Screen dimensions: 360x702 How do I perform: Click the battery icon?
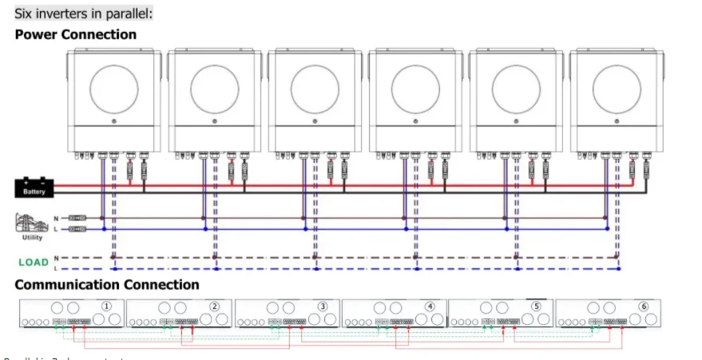tap(34, 188)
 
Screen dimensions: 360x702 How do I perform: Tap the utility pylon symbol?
tap(30, 222)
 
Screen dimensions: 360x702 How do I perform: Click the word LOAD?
tap(34, 262)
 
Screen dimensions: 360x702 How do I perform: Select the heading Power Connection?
tap(76, 34)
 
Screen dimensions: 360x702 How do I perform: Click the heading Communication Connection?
tap(107, 285)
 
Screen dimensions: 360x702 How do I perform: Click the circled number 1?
tap(107, 307)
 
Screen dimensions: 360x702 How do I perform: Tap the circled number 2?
tap(215, 307)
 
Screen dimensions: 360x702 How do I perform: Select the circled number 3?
tap(322, 307)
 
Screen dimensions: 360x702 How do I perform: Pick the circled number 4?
tap(430, 307)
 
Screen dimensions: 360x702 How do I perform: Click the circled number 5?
tap(537, 307)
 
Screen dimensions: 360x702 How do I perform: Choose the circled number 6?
tap(644, 307)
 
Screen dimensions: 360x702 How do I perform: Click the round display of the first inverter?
tap(113, 86)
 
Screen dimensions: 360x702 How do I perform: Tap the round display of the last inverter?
tap(617, 86)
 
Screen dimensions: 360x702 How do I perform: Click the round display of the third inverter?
tap(315, 86)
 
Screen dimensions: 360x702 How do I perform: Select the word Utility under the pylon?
tap(33, 237)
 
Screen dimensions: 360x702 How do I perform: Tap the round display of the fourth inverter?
tap(415, 86)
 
